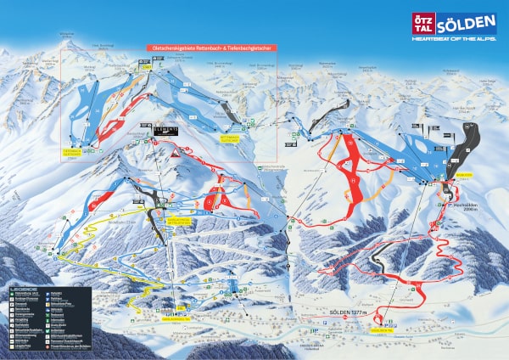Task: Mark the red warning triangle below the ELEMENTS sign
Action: click(x=175, y=154)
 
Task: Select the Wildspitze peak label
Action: click(x=66, y=34)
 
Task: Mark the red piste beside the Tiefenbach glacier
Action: click(x=110, y=125)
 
